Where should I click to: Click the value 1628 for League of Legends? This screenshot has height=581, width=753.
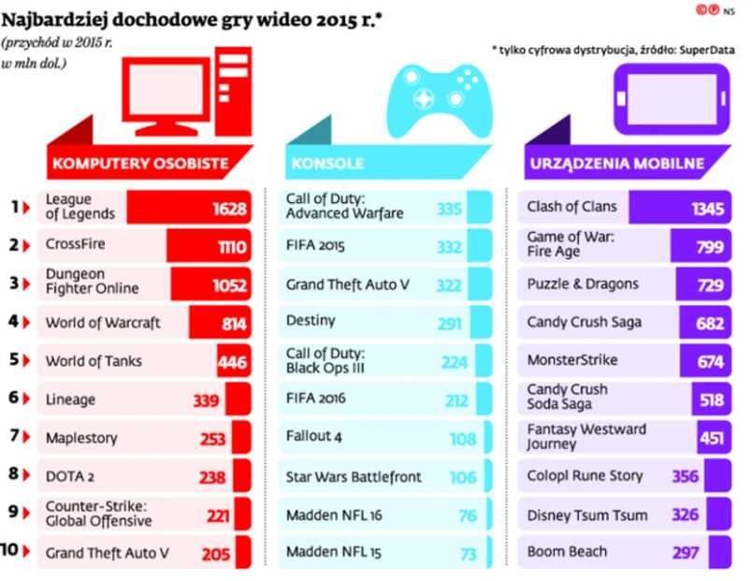(228, 208)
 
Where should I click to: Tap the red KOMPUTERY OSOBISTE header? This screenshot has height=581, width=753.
(140, 164)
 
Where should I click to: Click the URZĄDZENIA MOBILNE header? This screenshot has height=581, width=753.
(616, 164)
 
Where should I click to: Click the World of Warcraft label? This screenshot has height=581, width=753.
(104, 323)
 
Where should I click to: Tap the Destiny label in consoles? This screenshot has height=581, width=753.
(311, 321)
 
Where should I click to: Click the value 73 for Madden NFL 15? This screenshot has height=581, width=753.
(468, 554)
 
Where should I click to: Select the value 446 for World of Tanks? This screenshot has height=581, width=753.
(232, 362)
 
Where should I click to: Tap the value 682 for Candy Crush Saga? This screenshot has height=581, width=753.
(710, 324)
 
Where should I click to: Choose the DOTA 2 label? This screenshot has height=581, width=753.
(70, 475)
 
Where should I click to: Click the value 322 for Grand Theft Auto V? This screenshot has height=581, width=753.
(450, 284)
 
